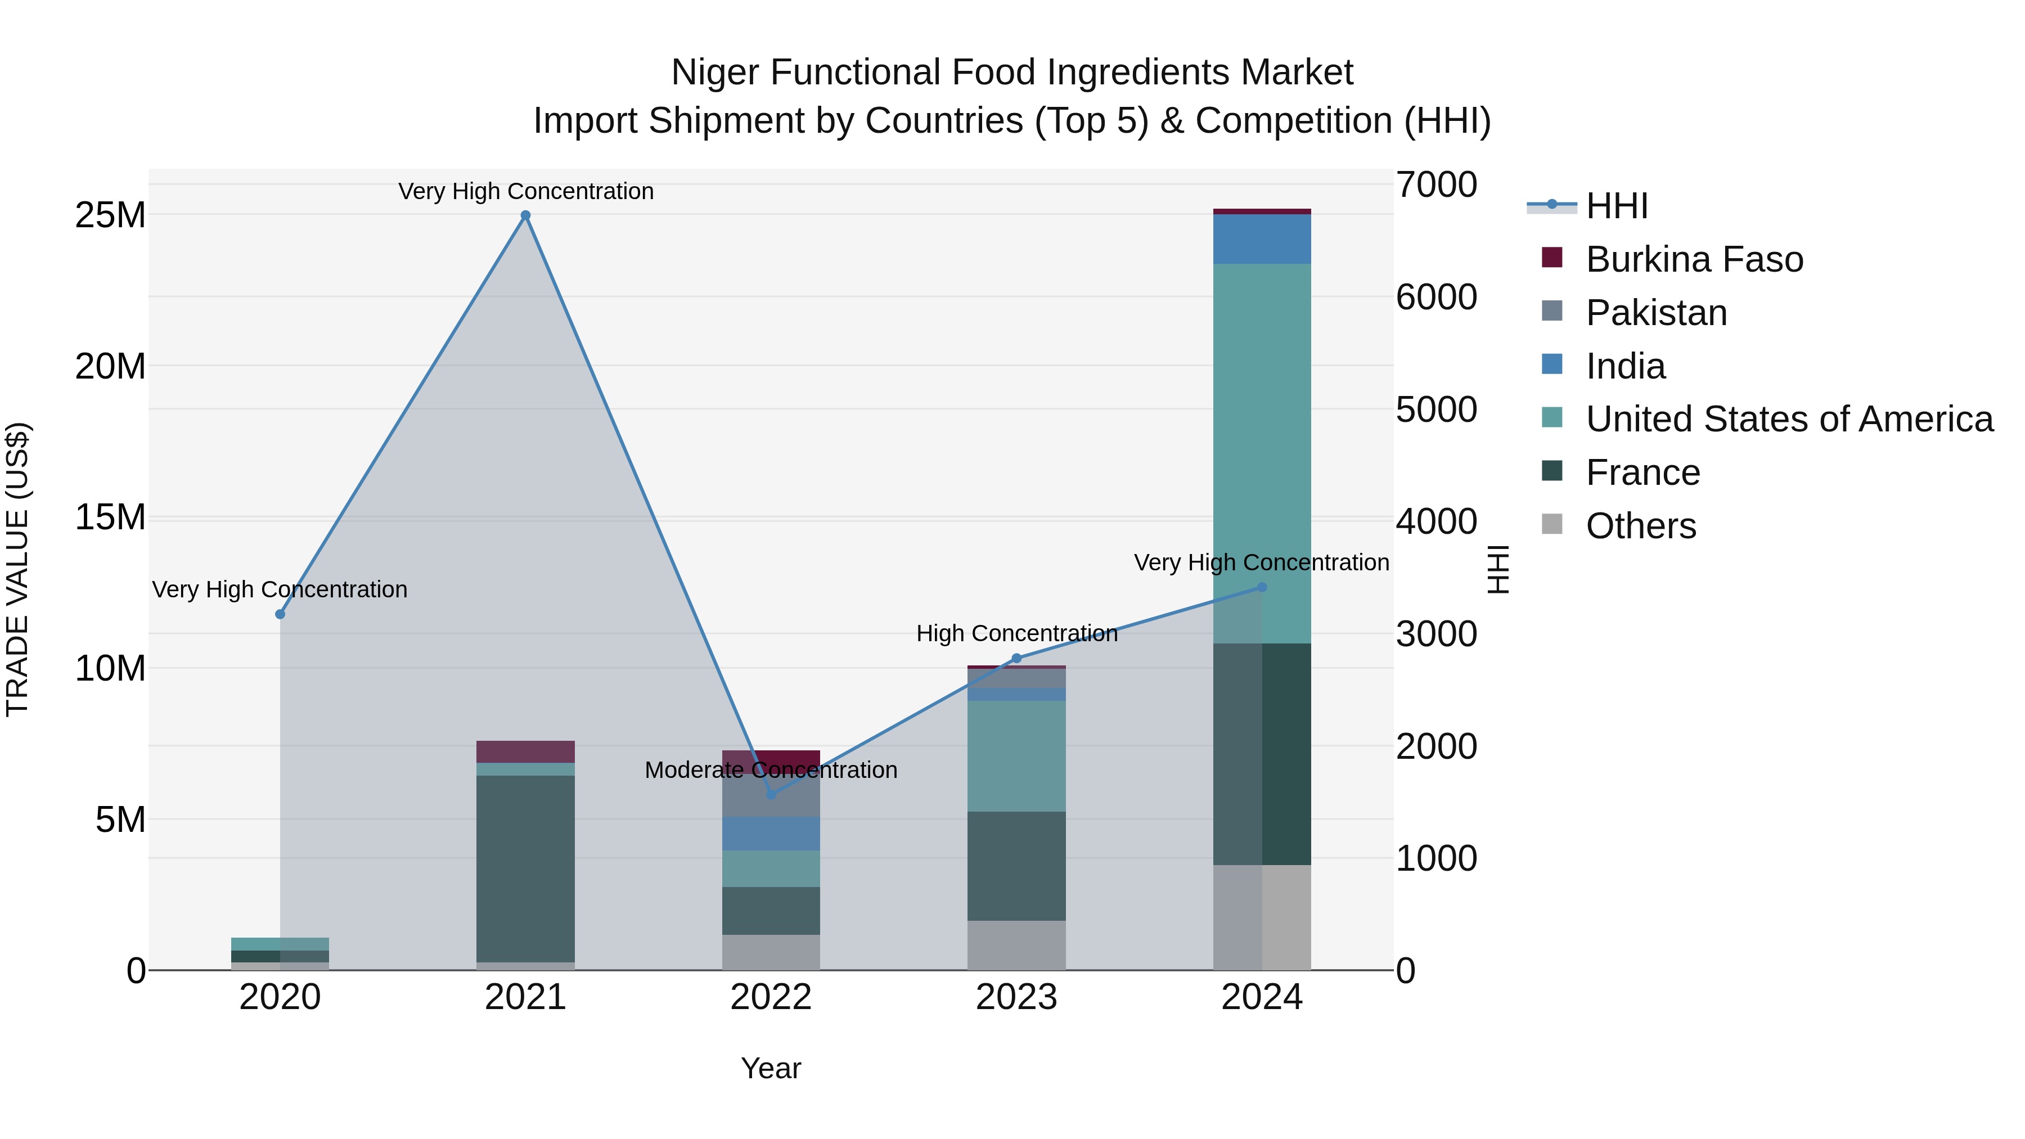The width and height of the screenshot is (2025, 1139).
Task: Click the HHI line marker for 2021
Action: click(526, 215)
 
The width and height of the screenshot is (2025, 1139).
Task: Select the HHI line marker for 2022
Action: click(771, 795)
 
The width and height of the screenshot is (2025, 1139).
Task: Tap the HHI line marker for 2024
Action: click(1262, 587)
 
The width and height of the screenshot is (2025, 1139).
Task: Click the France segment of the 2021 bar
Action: click(526, 868)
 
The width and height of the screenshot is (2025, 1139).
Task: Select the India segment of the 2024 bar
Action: click(1262, 239)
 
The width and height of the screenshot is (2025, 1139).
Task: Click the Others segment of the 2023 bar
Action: click(1016, 946)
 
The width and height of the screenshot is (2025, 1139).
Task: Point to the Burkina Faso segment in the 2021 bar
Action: click(526, 751)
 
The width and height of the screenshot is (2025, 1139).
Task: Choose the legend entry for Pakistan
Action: click(1657, 313)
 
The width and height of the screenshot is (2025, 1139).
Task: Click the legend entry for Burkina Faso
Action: click(1694, 259)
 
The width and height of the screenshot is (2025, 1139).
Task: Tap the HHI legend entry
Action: click(1616, 206)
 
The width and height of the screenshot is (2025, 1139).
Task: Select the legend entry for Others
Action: click(1641, 526)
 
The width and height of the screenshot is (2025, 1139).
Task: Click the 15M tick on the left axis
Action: click(110, 517)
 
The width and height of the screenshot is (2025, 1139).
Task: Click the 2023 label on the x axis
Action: click(1016, 997)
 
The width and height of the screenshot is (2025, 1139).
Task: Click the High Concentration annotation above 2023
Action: click(1016, 633)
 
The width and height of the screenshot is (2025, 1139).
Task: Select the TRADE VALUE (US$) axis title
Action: click(17, 569)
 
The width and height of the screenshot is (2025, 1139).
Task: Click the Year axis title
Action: click(771, 1068)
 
